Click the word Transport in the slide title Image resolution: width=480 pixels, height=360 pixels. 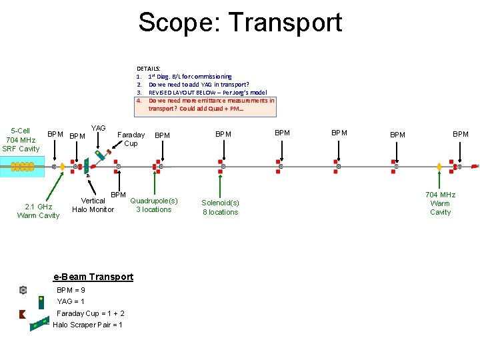click(286, 23)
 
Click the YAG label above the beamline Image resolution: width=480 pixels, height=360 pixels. click(98, 128)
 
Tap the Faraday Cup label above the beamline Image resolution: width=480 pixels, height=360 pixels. click(131, 139)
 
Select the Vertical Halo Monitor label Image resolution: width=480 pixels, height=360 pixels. click(93, 205)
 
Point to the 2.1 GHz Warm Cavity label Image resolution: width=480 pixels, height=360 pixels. click(38, 211)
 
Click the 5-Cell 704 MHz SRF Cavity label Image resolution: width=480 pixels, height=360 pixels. click(21, 139)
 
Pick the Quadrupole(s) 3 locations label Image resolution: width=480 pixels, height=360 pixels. click(154, 205)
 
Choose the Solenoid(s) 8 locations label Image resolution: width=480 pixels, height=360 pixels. click(220, 207)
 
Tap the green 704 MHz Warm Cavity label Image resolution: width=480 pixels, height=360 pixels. click(440, 203)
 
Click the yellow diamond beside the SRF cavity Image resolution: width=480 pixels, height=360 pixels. click(62, 166)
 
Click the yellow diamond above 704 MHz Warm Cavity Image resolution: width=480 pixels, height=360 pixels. click(439, 166)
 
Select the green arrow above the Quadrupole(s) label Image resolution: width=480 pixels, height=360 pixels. click(155, 183)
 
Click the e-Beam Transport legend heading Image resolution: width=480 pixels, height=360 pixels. click(93, 277)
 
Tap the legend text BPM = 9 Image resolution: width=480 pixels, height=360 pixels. click(71, 290)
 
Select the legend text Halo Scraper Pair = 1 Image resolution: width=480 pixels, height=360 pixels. click(87, 325)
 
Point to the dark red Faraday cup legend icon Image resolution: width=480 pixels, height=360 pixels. click(23, 314)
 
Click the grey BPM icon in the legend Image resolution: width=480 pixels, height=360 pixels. click(23, 290)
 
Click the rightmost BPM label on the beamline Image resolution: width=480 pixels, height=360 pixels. click(461, 134)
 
